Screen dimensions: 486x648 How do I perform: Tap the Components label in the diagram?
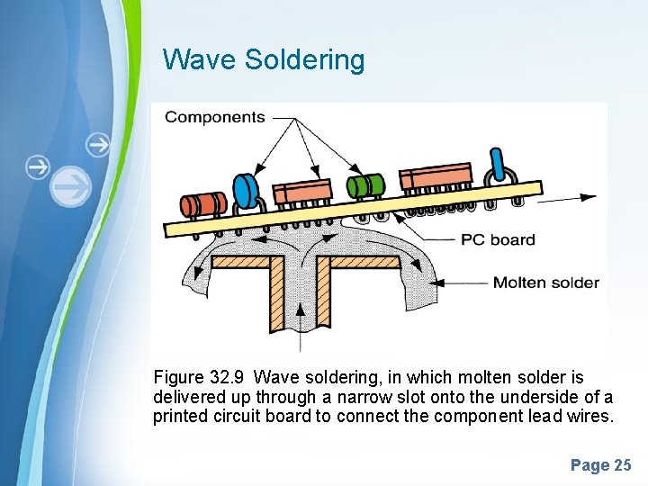coord(215,117)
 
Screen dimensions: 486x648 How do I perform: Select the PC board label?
coord(498,239)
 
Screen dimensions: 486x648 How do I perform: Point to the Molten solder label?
coord(545,283)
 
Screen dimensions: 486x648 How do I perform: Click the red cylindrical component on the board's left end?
coord(205,203)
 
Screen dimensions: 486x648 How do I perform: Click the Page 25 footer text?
coord(600,465)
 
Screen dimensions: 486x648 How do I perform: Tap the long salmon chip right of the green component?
coord(436,176)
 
